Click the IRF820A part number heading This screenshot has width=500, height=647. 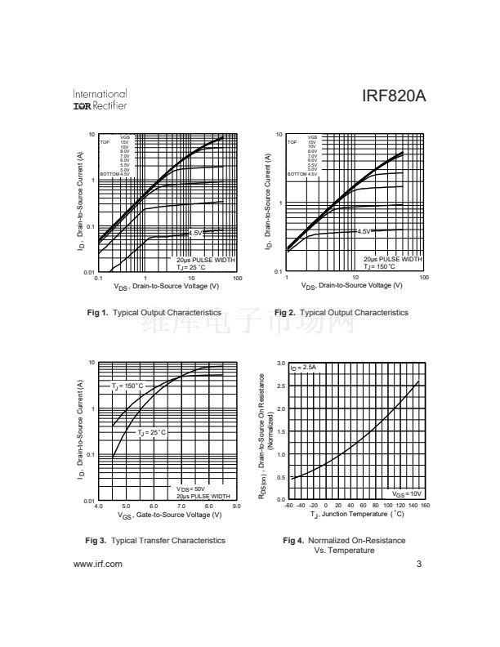[394, 97]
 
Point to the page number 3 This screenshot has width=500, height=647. [418, 564]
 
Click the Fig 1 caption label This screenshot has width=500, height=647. [97, 312]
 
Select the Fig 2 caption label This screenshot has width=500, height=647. [285, 312]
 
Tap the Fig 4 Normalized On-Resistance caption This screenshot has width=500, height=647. [344, 545]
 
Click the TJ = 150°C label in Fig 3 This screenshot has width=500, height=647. [127, 386]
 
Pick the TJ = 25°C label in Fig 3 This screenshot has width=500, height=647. [152, 431]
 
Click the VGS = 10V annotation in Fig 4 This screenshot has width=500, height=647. [406, 493]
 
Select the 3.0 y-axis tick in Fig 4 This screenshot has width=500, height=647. [280, 363]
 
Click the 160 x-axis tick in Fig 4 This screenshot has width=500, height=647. [425, 506]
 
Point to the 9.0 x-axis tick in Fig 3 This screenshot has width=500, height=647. [237, 506]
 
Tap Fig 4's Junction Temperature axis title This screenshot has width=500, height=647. [357, 515]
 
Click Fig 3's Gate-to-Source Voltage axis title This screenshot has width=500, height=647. [169, 515]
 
